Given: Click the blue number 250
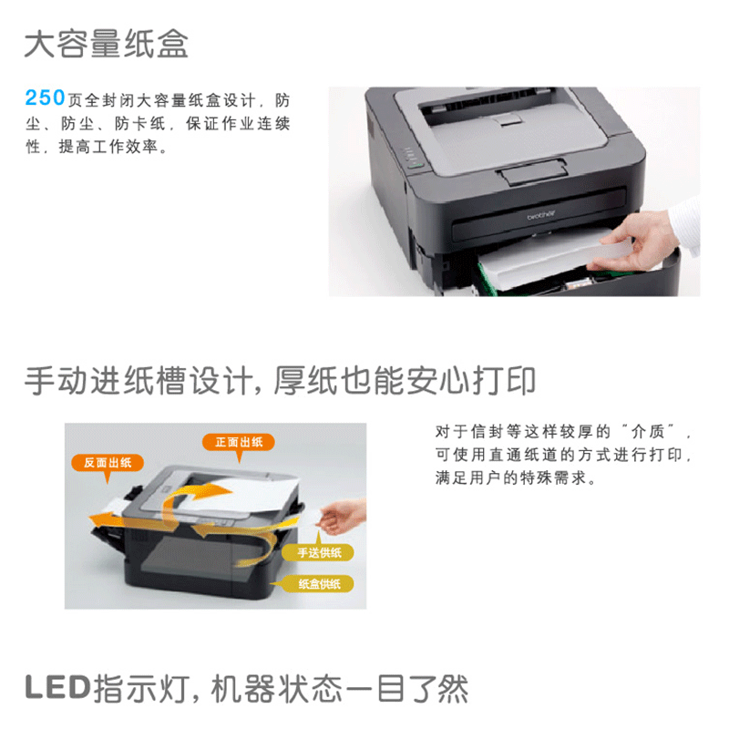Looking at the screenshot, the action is click(45, 98).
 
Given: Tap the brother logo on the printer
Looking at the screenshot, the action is click(541, 215).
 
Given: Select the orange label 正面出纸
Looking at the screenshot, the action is click(239, 442).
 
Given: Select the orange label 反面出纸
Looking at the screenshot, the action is click(108, 463).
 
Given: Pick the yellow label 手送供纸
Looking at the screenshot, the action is click(318, 553).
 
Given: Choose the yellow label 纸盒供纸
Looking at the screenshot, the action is click(318, 583).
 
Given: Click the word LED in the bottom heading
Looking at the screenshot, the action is click(57, 688).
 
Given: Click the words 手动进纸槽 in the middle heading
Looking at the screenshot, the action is click(106, 381).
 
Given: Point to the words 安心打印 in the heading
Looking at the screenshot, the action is click(470, 381).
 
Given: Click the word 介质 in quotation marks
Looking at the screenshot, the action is click(648, 431).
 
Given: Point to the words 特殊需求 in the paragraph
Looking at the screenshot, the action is click(553, 477).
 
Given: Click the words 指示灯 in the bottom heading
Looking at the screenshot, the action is click(140, 688).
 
